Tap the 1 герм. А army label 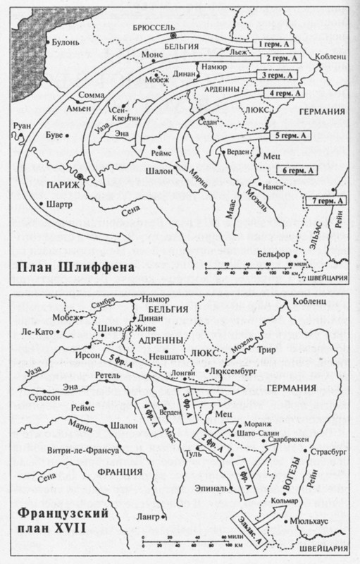pos(274,44)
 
